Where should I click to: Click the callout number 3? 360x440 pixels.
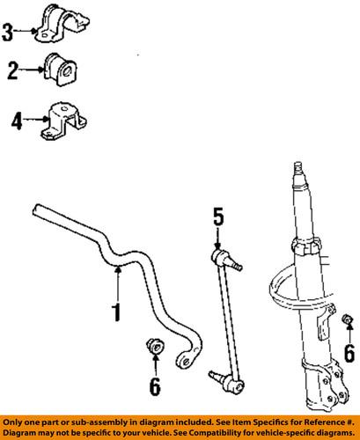8,33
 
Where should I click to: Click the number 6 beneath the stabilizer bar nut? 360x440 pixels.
154,387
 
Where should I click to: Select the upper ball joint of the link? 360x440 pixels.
224,258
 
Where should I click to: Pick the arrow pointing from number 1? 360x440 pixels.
118,285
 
